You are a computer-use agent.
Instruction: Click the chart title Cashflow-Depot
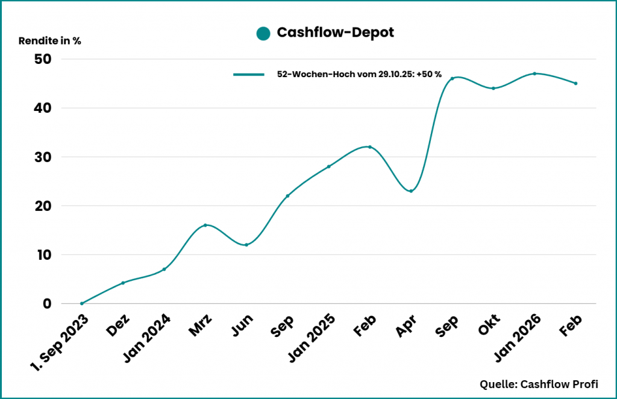(x=335, y=33)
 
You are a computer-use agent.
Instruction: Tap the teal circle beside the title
(x=263, y=34)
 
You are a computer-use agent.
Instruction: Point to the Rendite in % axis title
(x=50, y=41)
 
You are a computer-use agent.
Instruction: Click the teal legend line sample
(x=249, y=74)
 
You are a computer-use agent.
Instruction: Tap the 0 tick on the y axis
(x=47, y=303)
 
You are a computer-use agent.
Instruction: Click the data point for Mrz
(x=205, y=225)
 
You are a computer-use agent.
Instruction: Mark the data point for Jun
(x=246, y=245)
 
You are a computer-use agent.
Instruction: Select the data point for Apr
(x=411, y=191)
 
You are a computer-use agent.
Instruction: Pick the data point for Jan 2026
(x=534, y=74)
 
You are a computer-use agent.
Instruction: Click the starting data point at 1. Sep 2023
(x=82, y=303)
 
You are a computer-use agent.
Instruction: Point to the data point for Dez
(x=123, y=283)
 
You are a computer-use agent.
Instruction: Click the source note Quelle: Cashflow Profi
(x=540, y=384)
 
